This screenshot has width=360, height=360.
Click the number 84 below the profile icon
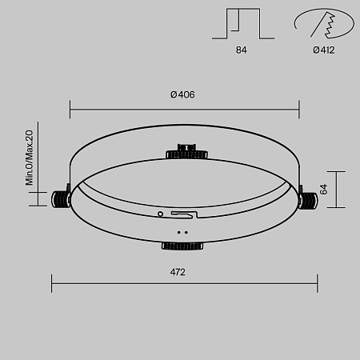(241, 50)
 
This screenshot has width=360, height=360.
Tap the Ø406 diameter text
(182, 94)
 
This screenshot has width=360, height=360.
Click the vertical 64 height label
(324, 190)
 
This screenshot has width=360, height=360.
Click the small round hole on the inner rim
(161, 214)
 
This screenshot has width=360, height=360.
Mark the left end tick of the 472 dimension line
(52, 282)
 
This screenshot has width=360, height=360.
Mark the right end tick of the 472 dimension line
(318, 282)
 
